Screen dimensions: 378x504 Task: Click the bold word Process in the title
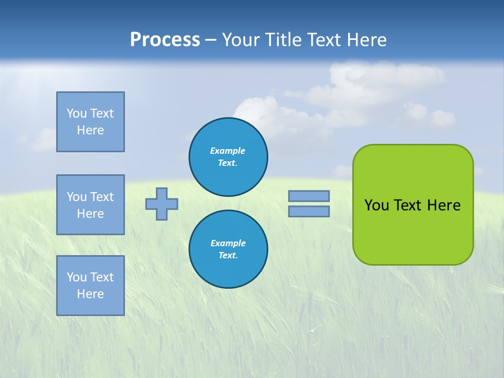[165, 40]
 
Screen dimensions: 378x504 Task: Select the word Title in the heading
[283, 40]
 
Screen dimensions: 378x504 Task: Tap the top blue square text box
[90, 122]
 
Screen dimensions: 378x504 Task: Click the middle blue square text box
[90, 205]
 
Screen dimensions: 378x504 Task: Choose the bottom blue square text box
[90, 286]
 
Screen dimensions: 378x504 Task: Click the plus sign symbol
[162, 204]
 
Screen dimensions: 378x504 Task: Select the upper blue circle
[228, 156]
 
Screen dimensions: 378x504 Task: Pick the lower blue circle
[228, 249]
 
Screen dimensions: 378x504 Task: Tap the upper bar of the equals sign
[309, 196]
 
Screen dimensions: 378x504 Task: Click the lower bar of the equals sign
[309, 211]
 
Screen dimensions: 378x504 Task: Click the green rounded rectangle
[413, 231]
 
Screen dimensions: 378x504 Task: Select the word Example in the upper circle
[228, 151]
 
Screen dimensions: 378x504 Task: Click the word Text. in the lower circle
[228, 256]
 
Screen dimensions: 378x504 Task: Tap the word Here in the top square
[90, 130]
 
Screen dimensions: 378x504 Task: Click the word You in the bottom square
[77, 277]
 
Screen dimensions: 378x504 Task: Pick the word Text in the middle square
[101, 197]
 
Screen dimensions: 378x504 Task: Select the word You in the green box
[376, 205]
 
